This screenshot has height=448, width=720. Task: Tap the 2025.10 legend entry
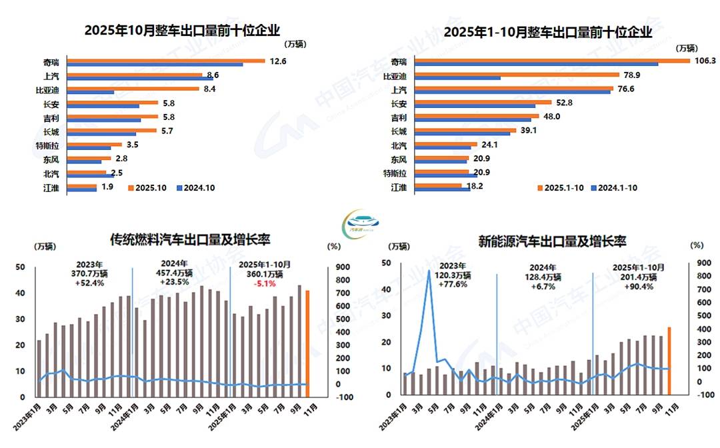tap(150, 187)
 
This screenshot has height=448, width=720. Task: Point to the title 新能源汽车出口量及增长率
tap(552, 241)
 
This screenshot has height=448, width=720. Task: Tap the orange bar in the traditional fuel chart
tap(308, 343)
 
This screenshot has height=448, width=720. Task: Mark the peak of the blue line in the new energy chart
tap(429, 270)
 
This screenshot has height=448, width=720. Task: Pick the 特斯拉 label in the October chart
tap(48, 145)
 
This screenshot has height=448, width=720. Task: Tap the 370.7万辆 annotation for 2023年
tap(85, 273)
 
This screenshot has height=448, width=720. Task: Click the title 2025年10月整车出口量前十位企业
tap(181, 31)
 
